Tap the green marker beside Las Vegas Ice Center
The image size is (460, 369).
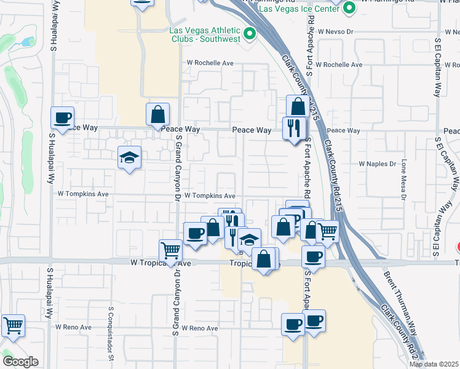[349, 9]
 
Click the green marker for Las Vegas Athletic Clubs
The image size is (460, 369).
[250, 34]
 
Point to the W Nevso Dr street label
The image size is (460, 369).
[335, 30]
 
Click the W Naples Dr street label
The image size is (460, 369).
[378, 164]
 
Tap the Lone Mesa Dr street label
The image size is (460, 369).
[404, 180]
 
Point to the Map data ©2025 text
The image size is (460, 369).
[433, 364]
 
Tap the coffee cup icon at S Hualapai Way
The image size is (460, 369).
[63, 117]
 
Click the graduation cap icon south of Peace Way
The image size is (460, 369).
[130, 157]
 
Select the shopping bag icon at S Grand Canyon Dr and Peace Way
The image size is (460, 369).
[158, 114]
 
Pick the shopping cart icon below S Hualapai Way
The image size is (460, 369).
[13, 325]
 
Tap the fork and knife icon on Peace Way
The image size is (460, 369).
[294, 127]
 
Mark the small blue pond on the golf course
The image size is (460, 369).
[28, 42]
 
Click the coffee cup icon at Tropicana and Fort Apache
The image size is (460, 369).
[314, 256]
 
